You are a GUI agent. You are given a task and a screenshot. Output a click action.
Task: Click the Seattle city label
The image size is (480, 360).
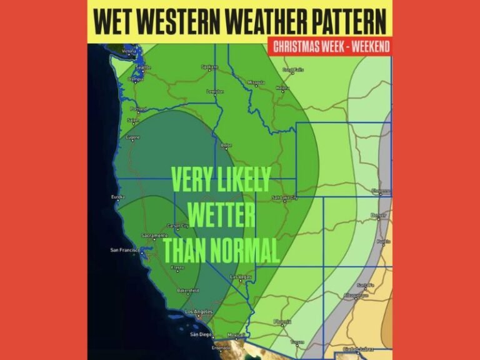click(143, 67)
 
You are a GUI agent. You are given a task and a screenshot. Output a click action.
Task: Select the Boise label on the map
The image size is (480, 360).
click(227, 144)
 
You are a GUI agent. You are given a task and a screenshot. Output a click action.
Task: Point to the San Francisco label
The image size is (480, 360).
click(127, 251)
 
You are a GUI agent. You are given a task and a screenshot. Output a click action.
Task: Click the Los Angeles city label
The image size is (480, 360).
click(199, 311)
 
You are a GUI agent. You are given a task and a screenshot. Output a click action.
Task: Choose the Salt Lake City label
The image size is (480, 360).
click(285, 198)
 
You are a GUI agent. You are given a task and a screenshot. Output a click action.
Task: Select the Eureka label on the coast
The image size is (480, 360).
click(118, 197)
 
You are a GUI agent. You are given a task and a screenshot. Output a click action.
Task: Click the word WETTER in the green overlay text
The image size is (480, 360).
click(221, 216)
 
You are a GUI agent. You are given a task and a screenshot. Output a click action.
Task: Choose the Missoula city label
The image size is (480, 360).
click(256, 82)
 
